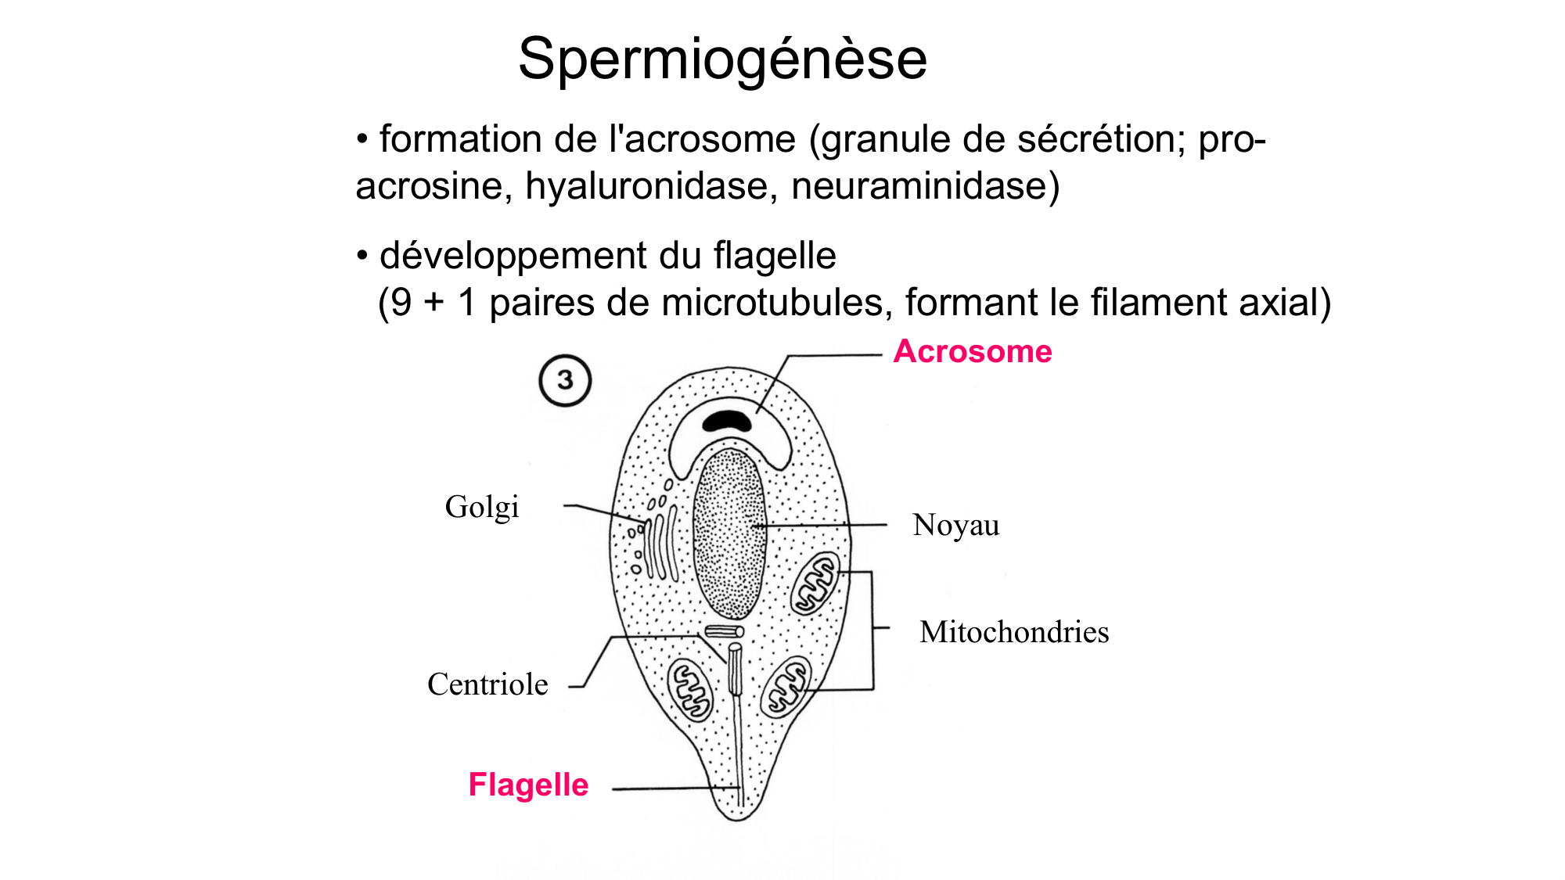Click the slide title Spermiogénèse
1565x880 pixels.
coord(722,59)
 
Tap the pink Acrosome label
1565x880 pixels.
coord(973,352)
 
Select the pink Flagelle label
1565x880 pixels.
coord(528,785)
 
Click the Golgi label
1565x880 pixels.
coord(482,507)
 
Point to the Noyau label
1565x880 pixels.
coord(955,525)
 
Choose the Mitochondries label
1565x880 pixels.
coord(1014,632)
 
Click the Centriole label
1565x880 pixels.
coord(487,684)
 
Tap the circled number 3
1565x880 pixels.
coord(565,381)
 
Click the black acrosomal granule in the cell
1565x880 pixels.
coord(727,422)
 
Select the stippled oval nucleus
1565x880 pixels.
coord(729,535)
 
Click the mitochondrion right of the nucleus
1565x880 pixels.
coord(815,584)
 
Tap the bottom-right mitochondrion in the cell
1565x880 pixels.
coord(786,686)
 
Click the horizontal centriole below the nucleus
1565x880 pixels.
coord(724,631)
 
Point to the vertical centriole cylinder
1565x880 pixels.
coord(735,667)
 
